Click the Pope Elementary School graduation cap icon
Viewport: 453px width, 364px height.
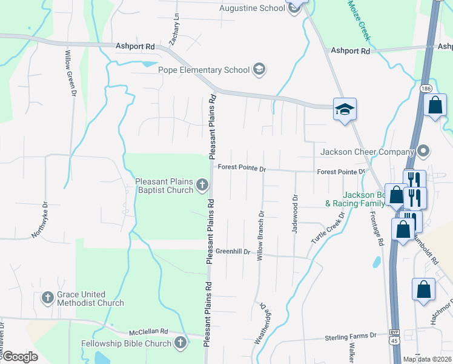click(x=259, y=69)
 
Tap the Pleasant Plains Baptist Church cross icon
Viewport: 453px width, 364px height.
click(x=201, y=185)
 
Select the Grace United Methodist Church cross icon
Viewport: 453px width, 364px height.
click(x=48, y=298)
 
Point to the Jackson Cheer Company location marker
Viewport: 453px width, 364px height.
click(x=423, y=151)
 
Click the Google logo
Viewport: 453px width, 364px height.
click(x=19, y=357)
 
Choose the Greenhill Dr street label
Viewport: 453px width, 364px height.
click(x=233, y=251)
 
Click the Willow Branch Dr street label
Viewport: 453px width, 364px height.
click(x=261, y=236)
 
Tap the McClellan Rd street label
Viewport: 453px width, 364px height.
click(x=148, y=332)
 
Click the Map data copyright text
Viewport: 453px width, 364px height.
click(x=427, y=359)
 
